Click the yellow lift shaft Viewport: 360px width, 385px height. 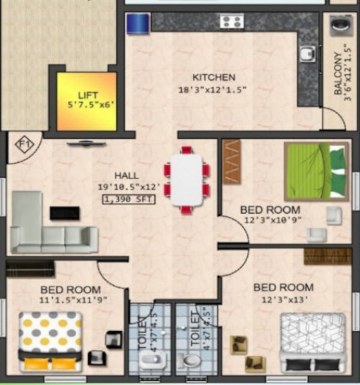coord(86,100)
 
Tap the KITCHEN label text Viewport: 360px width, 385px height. coord(214,77)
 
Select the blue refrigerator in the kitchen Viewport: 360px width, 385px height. coord(137,25)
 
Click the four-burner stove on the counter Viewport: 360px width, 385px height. coord(231,22)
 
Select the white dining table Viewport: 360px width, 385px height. coord(187,180)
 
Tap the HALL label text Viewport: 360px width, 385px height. coord(127,175)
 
